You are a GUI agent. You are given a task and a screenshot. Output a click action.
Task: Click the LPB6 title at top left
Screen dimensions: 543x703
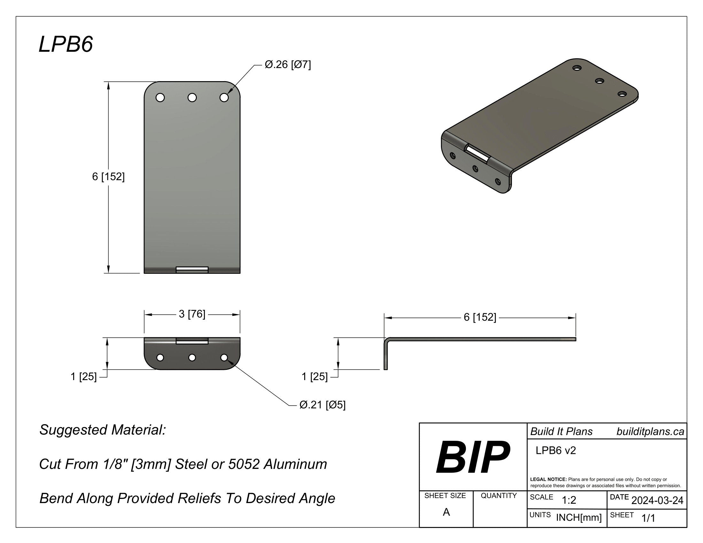66,44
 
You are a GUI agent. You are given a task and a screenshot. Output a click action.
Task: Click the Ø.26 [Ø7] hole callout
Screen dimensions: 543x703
288,65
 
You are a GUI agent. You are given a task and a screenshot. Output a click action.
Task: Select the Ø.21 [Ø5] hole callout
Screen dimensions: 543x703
322,404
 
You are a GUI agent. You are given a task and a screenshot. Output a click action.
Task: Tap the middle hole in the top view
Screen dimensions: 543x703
192,97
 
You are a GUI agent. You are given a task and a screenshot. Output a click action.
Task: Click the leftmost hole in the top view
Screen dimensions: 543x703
160,97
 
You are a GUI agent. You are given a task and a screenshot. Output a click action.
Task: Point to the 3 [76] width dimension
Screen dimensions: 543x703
192,314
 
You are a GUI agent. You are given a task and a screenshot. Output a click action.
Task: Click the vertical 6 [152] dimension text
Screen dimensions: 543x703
108,177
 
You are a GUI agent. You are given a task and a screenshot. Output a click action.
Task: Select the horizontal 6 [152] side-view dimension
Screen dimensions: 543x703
480,317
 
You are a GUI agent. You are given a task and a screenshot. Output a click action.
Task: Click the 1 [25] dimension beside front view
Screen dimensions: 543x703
83,376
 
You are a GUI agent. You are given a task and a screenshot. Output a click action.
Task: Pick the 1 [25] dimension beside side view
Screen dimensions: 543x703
314,376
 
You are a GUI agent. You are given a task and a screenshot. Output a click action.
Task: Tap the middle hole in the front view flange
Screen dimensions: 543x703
192,357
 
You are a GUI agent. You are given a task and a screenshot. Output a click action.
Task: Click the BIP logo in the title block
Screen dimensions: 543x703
473,457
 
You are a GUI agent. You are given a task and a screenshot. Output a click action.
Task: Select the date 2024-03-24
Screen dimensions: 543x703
657,500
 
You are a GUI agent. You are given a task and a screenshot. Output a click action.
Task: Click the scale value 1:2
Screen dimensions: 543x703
569,500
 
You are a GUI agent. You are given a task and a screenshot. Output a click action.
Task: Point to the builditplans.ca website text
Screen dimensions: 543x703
650,432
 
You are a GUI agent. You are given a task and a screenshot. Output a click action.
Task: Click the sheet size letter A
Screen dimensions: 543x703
446,512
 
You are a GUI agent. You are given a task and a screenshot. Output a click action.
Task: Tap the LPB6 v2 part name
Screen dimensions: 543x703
556,450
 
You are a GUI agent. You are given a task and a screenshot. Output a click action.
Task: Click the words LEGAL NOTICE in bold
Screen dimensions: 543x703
548,479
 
